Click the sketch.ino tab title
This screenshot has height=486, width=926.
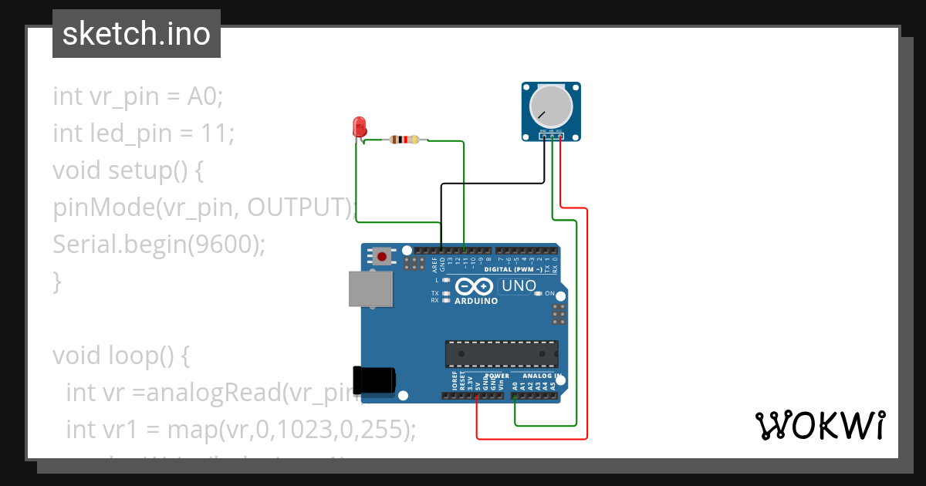[137, 34]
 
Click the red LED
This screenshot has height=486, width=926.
[359, 127]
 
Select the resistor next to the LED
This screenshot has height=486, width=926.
[404, 140]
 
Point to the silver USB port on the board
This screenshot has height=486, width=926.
[369, 290]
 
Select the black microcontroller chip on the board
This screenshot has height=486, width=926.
[501, 353]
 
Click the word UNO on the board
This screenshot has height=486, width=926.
[519, 286]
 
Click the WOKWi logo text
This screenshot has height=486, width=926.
[820, 425]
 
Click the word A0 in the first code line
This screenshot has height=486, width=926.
[203, 96]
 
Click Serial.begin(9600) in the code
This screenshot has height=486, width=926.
[159, 245]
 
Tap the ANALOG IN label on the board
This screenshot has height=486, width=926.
[538, 375]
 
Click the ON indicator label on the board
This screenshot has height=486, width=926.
[549, 294]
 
